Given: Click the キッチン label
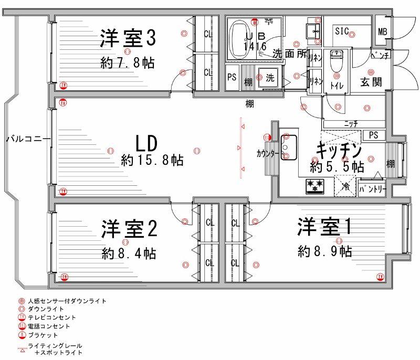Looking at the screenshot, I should point(339,151).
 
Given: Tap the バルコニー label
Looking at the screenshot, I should point(28,139).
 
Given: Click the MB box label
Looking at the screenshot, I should point(383,32).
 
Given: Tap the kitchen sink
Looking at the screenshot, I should point(288,144).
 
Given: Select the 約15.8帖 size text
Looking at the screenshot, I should point(152,160).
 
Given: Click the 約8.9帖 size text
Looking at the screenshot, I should point(324,251).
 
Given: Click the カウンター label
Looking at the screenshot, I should point(268,154).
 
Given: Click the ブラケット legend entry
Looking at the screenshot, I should point(43,334).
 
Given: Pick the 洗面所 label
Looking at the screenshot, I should point(289,53).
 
